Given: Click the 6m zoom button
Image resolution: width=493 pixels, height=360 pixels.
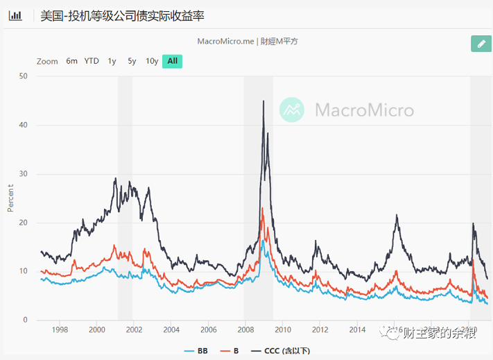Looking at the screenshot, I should (71, 61).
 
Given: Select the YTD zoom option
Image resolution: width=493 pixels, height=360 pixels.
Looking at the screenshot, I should (92, 61).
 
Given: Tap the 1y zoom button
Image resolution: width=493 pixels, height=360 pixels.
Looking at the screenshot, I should (112, 61).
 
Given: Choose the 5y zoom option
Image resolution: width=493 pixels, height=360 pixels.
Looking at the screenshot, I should (132, 61).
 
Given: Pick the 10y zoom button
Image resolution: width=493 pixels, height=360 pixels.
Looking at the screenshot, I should (152, 61).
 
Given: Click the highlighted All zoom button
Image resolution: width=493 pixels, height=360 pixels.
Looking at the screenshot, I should (172, 61).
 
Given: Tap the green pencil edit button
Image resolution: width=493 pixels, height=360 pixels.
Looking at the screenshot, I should (481, 43).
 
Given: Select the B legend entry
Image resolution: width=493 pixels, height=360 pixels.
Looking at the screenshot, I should (231, 351).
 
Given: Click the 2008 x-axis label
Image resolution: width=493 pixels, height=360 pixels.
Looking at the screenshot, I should (245, 329).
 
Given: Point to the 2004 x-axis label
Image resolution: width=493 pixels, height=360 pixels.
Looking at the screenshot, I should (171, 329).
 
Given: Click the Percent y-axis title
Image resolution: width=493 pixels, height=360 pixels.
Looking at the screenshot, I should (10, 198).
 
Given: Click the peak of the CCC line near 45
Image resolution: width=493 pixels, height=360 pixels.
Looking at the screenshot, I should (263, 101).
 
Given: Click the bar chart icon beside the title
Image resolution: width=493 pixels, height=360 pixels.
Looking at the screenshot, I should (15, 15).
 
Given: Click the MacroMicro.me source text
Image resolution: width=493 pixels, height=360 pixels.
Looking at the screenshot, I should (225, 41).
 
